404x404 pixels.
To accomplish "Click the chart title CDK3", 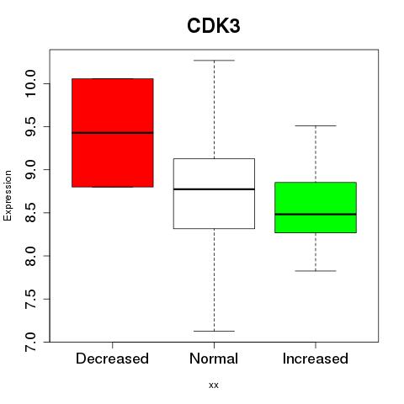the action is click(214, 26).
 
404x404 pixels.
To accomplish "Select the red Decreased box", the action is click(113, 133).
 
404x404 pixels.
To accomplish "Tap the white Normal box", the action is click(214, 194).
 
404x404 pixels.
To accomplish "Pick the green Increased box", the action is click(316, 207).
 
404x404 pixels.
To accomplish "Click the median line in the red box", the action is click(113, 133).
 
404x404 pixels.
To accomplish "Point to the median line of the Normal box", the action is click(214, 189).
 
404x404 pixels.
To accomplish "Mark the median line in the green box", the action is click(316, 214).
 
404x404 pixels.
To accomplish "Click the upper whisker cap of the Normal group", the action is click(214, 61).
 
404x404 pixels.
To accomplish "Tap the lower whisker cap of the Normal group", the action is click(214, 331).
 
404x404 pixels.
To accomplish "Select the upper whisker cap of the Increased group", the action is click(316, 125).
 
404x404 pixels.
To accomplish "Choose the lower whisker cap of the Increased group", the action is click(316, 271).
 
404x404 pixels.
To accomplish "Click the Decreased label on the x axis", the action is click(112, 359).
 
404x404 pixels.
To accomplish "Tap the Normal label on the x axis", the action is click(214, 359).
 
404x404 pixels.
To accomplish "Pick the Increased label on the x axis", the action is click(316, 359).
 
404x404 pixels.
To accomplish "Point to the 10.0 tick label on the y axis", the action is click(30, 83).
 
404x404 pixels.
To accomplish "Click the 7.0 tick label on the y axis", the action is click(30, 342).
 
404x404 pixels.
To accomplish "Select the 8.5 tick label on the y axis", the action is click(30, 213).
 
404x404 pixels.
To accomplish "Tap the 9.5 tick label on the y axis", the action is click(30, 126).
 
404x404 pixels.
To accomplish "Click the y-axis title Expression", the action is click(8, 195).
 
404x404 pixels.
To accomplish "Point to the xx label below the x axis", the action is click(214, 385).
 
